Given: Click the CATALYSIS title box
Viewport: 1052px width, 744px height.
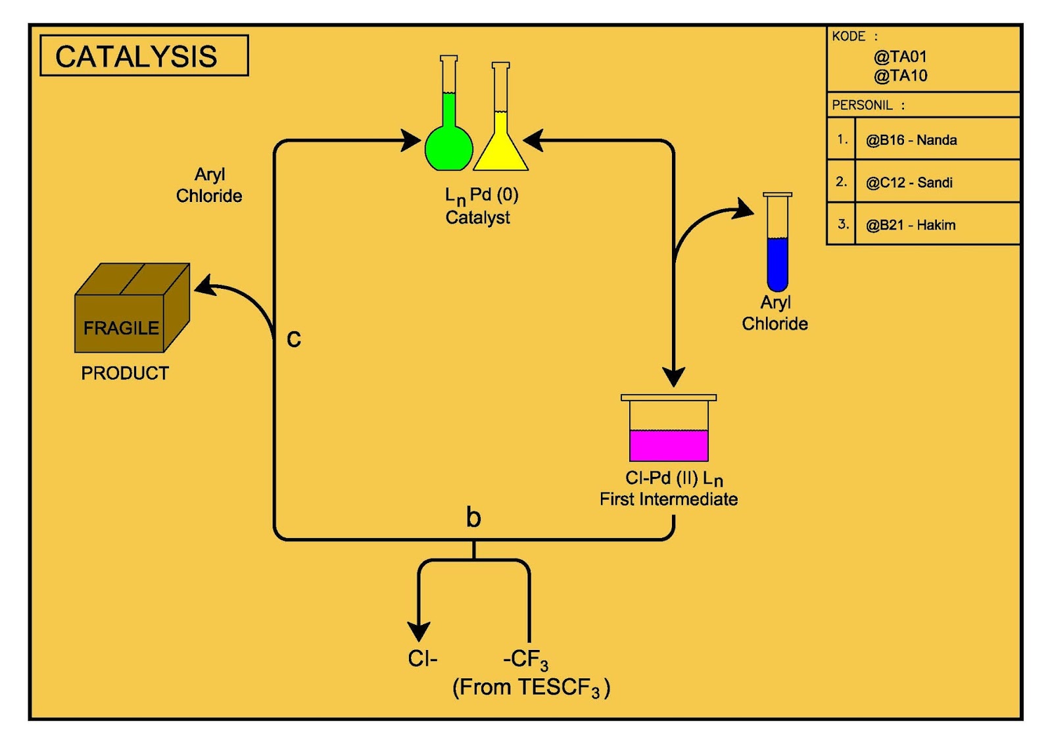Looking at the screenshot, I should (144, 56).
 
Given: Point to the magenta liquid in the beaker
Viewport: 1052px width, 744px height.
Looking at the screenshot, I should (669, 445).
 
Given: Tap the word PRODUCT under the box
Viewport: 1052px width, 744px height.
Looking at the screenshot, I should (125, 373).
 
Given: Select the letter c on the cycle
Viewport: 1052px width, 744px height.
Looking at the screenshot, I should (294, 338).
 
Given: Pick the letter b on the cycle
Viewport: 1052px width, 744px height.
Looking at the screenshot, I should (473, 517).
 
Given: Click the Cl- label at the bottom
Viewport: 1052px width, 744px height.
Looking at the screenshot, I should (422, 658).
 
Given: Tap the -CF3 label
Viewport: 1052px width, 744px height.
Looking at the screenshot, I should (525, 659).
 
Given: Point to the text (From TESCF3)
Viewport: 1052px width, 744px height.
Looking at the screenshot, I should (531, 687).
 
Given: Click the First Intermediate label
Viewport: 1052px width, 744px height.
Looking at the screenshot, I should (668, 499).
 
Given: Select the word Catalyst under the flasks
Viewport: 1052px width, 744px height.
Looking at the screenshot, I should (477, 218).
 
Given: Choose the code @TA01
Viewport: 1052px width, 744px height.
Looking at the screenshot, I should (900, 57).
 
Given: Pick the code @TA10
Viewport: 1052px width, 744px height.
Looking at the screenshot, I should (900, 76).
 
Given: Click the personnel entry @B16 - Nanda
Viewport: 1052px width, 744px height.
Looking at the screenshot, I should (911, 140).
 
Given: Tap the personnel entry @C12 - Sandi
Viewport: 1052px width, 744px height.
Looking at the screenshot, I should (909, 182).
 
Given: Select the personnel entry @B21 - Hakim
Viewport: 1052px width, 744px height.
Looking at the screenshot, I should (910, 225).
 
